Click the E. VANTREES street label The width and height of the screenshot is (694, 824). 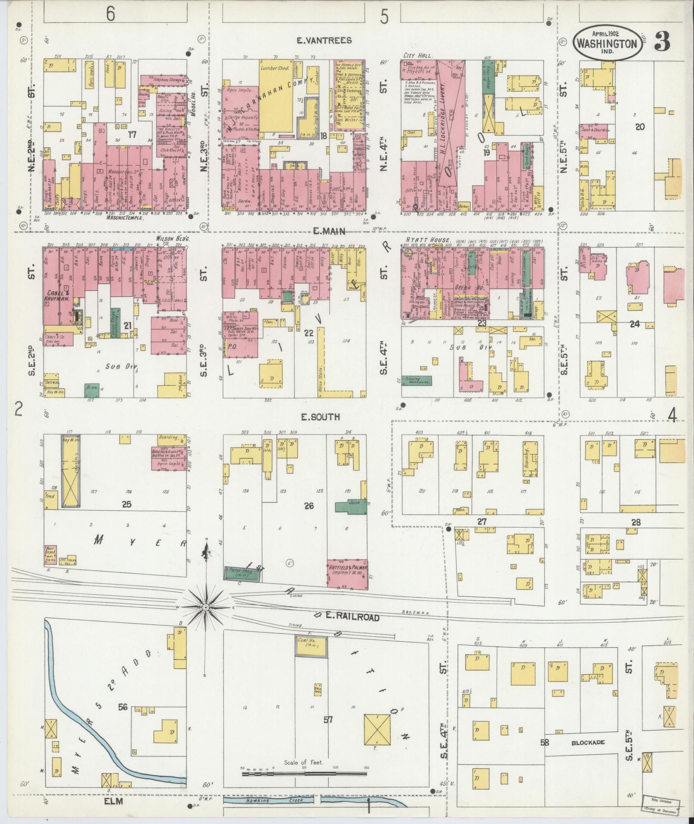324,40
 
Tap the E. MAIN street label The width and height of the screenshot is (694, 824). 329,231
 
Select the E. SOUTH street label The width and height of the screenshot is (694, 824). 320,417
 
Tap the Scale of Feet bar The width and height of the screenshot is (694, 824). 305,774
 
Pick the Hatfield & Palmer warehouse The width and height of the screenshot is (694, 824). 347,572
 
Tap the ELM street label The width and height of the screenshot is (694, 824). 113,801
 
